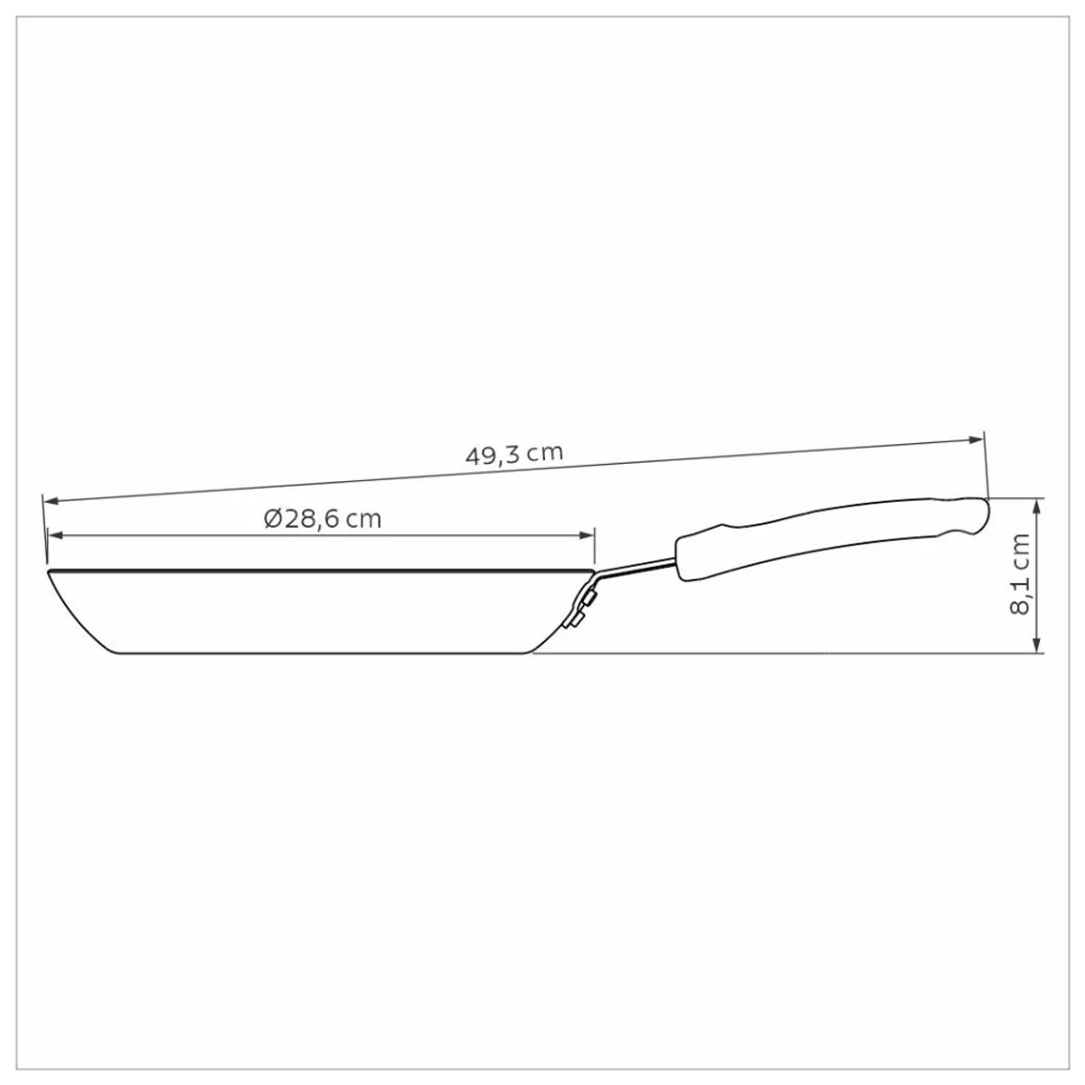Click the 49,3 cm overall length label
point(514,454)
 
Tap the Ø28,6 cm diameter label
point(323,519)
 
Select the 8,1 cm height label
point(1021,574)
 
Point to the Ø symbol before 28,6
point(273,519)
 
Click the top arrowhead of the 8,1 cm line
point(1039,505)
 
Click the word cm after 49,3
point(545,452)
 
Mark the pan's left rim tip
point(48,571)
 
